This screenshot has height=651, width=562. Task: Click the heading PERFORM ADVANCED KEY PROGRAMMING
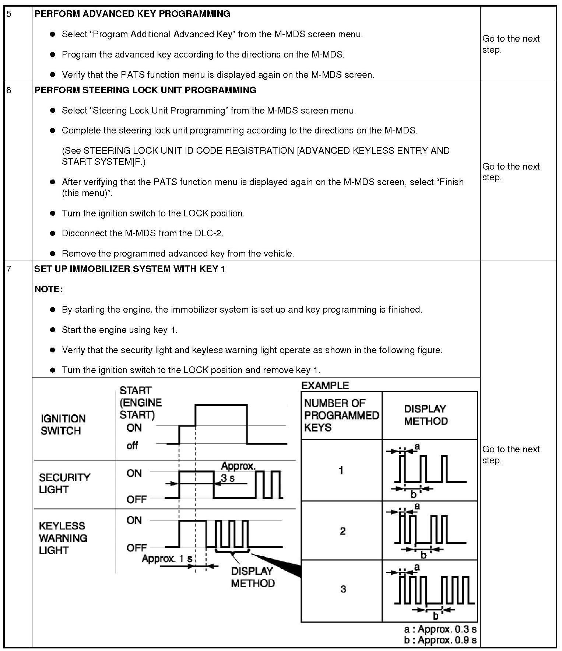tap(132, 14)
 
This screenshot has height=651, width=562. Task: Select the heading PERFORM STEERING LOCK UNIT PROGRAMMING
tap(145, 90)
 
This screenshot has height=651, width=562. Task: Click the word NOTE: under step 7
tap(49, 289)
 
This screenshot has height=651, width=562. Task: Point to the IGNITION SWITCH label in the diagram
tap(63, 425)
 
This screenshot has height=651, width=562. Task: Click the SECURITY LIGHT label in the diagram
tap(64, 483)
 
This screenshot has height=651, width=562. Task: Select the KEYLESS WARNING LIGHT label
tap(63, 538)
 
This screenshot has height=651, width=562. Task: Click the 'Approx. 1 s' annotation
tap(167, 558)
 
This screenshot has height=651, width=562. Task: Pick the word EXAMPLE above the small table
tap(325, 386)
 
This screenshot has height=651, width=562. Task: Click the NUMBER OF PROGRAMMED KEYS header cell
tap(341, 415)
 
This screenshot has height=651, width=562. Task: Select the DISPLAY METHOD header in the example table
tap(426, 415)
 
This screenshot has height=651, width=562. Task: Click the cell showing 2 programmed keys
tap(342, 531)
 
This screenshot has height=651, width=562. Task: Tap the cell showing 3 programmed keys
tap(343, 589)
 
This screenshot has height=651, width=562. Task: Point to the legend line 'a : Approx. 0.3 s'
tap(440, 629)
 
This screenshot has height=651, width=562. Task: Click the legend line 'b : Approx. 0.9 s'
tap(440, 640)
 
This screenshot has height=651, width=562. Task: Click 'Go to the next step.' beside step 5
tap(511, 44)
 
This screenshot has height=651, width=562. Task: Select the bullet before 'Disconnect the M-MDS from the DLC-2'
tap(53, 233)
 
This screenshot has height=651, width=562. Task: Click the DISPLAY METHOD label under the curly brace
tap(253, 577)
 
